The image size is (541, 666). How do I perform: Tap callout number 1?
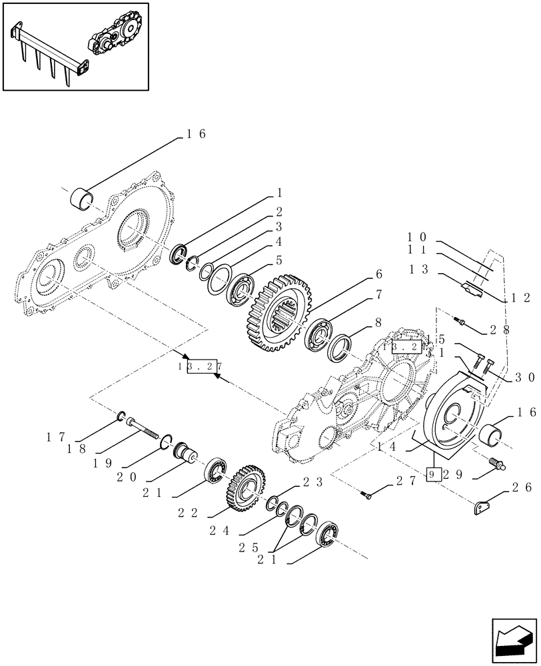pyautogui.click(x=280, y=193)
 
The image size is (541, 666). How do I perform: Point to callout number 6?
pyautogui.click(x=378, y=274)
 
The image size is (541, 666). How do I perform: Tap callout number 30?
pyautogui.click(x=525, y=377)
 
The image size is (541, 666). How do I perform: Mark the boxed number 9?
pyautogui.click(x=432, y=475)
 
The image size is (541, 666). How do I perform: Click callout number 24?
pyautogui.click(x=224, y=531)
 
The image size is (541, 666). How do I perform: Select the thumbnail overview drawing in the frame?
pyautogui.click(x=75, y=46)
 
